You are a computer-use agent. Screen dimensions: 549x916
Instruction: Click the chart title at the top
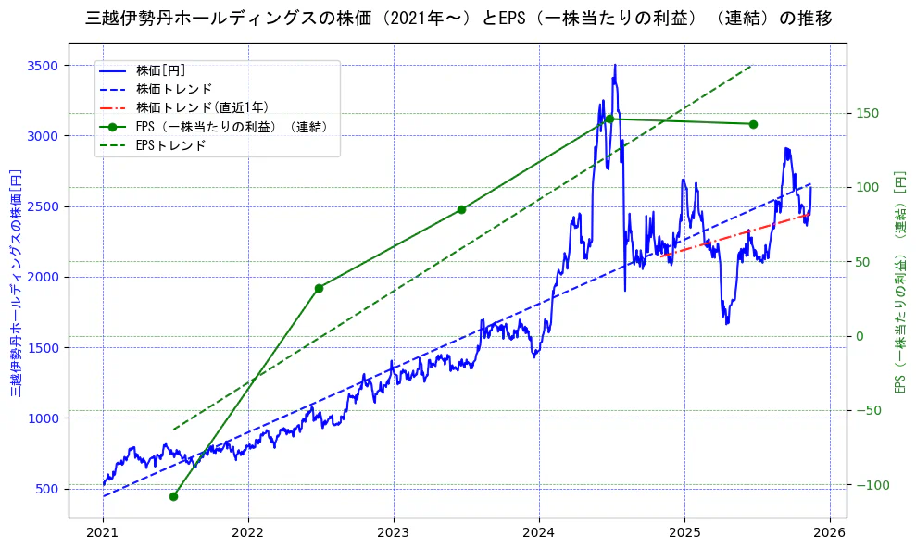[x=458, y=19]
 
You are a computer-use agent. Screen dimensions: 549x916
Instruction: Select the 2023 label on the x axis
[x=394, y=533]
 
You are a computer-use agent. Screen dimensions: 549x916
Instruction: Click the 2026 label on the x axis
[x=830, y=533]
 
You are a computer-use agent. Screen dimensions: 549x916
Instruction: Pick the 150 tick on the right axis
[x=868, y=114]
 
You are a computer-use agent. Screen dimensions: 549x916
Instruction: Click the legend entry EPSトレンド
[x=170, y=145]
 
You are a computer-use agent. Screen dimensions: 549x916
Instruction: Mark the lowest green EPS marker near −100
[x=173, y=496]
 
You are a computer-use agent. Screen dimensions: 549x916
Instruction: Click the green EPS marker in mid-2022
[x=319, y=288]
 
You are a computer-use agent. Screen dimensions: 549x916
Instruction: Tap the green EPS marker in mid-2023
[x=461, y=209]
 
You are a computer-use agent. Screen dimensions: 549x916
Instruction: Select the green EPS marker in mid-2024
[x=609, y=119]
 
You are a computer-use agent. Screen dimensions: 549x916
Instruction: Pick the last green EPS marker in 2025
[x=753, y=124]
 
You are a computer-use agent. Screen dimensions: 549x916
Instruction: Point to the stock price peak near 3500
[x=615, y=66]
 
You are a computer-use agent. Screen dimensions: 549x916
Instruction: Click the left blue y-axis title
[x=16, y=282]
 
